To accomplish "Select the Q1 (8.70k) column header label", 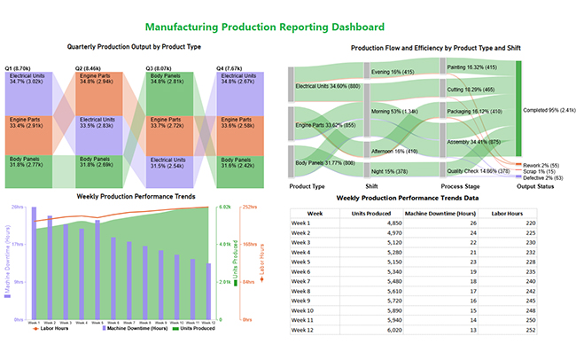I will click(19, 67).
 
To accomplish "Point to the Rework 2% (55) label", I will click(541, 166).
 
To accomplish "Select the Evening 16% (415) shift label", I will click(393, 71).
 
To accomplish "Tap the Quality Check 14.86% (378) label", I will click(479, 170).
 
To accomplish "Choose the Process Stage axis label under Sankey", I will click(461, 186).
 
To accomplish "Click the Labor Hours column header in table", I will click(508, 213).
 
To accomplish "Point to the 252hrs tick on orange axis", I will click(249, 207).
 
